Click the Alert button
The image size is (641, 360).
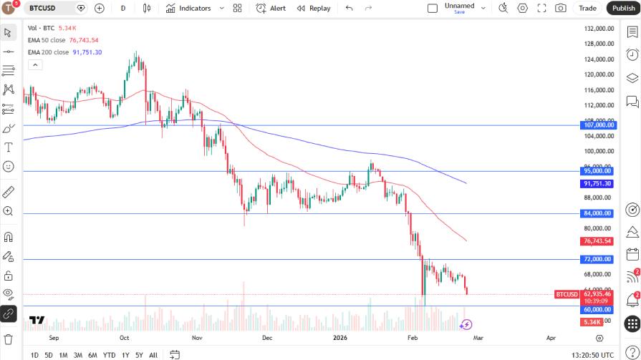tap(271, 8)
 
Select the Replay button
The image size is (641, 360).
tap(314, 8)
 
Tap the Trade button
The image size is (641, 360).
tap(587, 8)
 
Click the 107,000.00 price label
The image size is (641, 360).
tap(597, 125)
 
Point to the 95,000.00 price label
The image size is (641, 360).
tap(597, 171)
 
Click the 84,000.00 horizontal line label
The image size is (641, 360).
tap(597, 213)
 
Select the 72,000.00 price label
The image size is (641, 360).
tap(597, 259)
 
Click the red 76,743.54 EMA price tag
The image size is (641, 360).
tap(597, 241)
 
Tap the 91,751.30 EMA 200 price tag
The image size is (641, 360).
tap(597, 183)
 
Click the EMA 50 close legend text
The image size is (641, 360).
tap(48, 40)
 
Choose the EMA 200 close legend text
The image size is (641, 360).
tap(49, 52)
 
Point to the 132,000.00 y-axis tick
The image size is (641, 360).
tap(599, 29)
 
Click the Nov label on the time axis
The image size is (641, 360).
tap(198, 336)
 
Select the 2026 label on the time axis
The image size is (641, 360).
tap(340, 336)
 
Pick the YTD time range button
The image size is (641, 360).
tap(109, 355)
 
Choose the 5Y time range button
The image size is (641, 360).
tap(139, 355)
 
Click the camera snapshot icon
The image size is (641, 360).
tap(560, 8)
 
